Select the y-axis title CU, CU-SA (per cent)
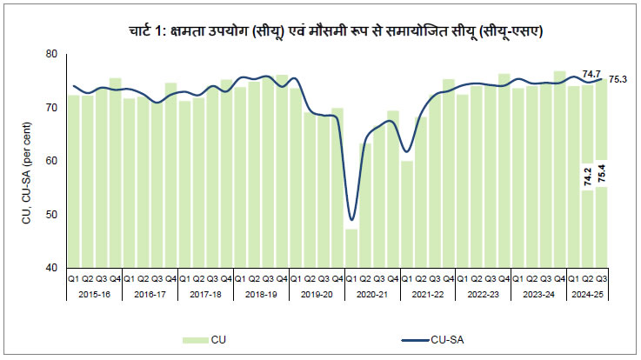click(27, 161)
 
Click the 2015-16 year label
click(94, 294)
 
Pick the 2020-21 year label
click(372, 294)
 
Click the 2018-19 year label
click(261, 294)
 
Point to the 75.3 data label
click(618, 79)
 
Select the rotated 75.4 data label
click(602, 173)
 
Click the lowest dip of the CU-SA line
click(351, 219)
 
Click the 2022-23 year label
click(484, 294)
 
